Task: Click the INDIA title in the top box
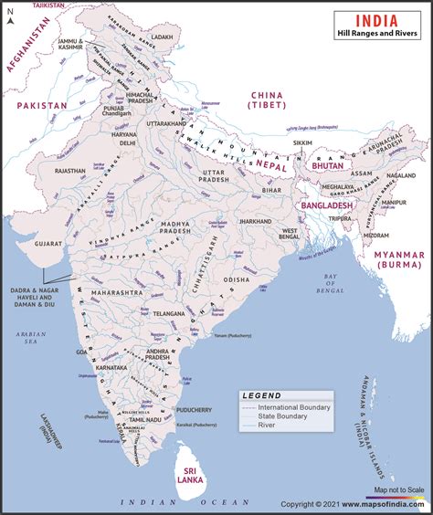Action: point(375,18)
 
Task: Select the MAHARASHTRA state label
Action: point(117,294)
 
